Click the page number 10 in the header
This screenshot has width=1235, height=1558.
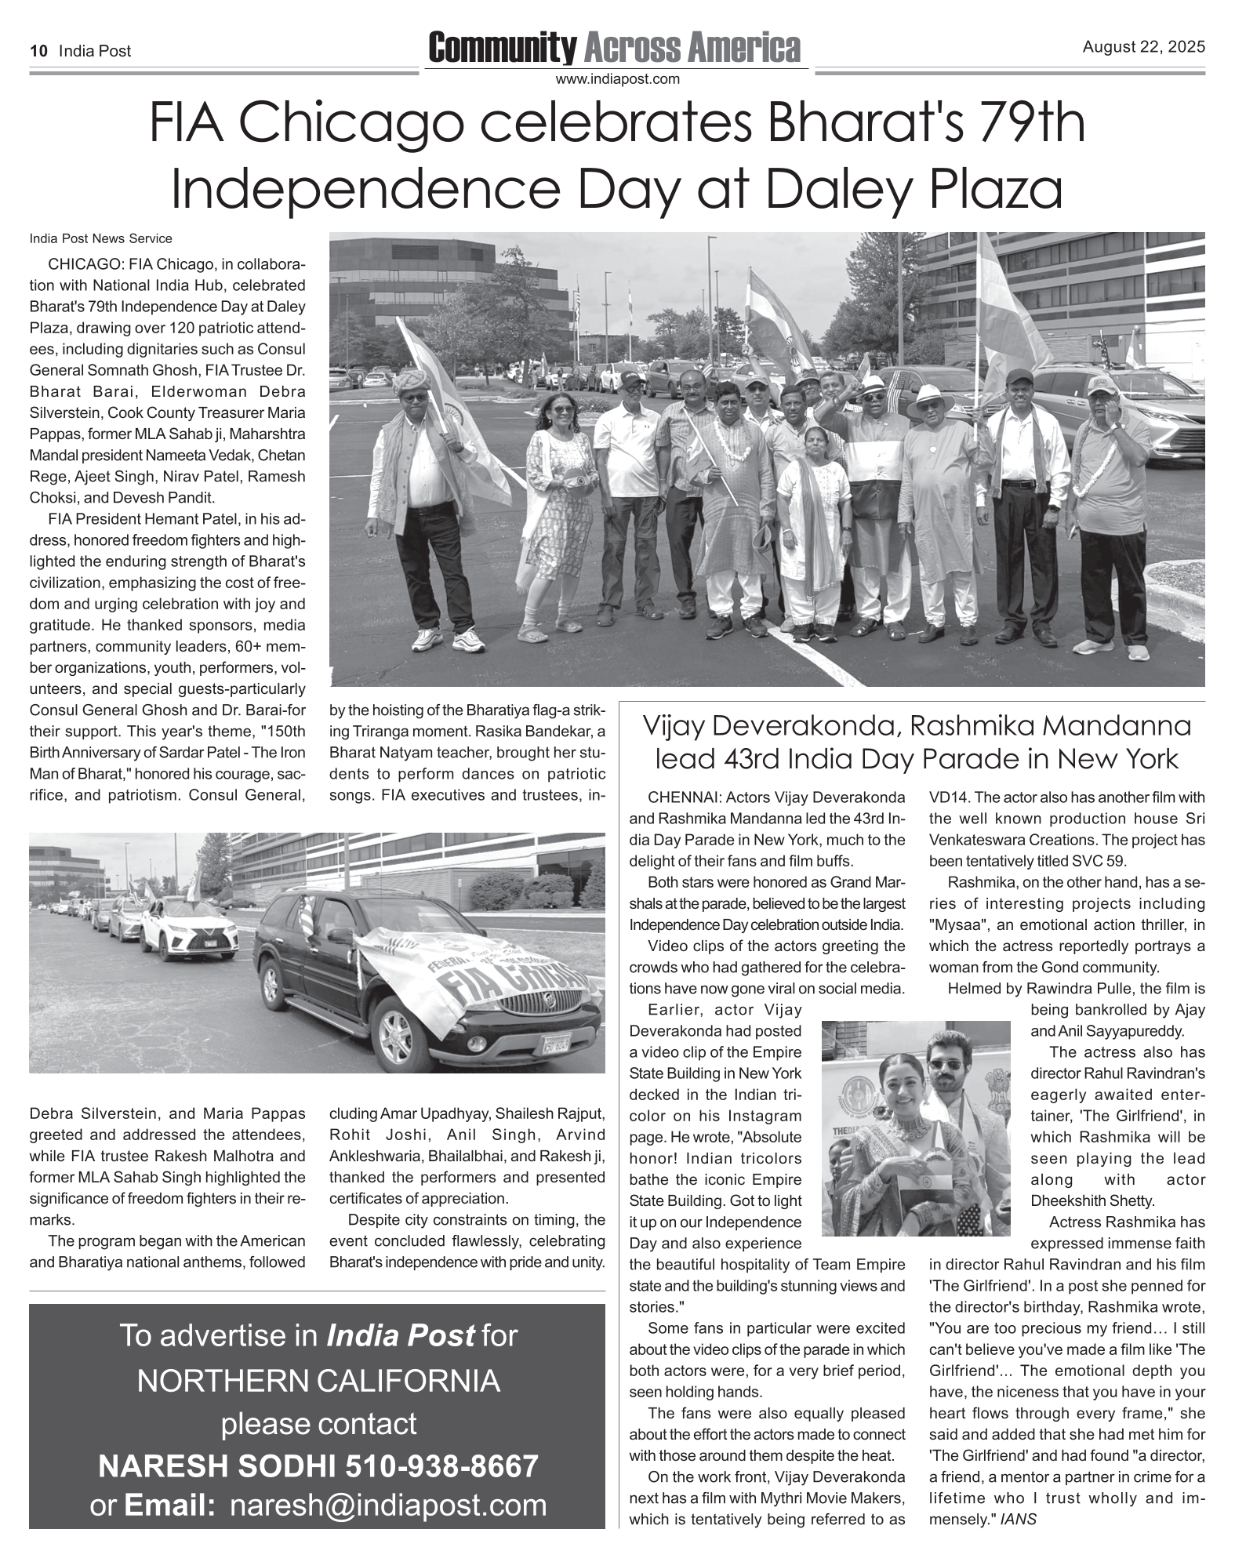[38, 52]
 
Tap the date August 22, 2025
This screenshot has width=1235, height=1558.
[1143, 48]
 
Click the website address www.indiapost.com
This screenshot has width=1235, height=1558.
[617, 79]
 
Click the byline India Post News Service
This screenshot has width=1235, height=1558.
[100, 238]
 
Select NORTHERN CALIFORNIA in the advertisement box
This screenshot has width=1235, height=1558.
[318, 1382]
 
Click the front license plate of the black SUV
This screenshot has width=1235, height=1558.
[555, 1044]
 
